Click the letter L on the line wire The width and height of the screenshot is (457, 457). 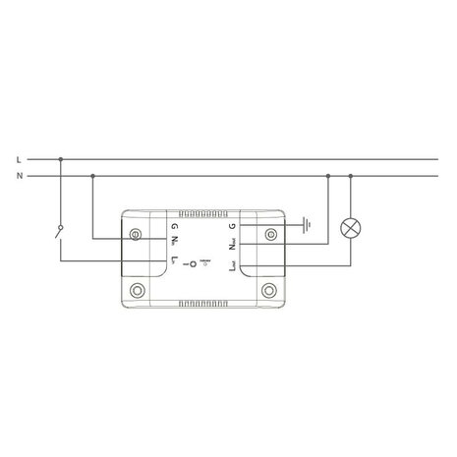click(x=20, y=157)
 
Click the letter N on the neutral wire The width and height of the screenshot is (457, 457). click(x=20, y=176)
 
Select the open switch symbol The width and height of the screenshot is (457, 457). click(x=60, y=233)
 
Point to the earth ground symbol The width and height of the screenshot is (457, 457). click(x=307, y=225)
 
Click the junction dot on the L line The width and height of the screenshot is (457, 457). click(x=60, y=157)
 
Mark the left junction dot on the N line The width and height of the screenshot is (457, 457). click(x=91, y=176)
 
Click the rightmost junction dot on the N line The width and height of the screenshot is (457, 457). click(x=351, y=176)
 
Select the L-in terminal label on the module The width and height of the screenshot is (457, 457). click(x=174, y=262)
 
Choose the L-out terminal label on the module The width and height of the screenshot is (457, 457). click(x=232, y=265)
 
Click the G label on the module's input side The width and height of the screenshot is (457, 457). click(x=173, y=226)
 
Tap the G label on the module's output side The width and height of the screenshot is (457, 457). click(x=232, y=226)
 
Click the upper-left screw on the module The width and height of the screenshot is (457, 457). click(x=135, y=234)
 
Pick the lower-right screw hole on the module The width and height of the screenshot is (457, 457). click(x=268, y=290)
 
